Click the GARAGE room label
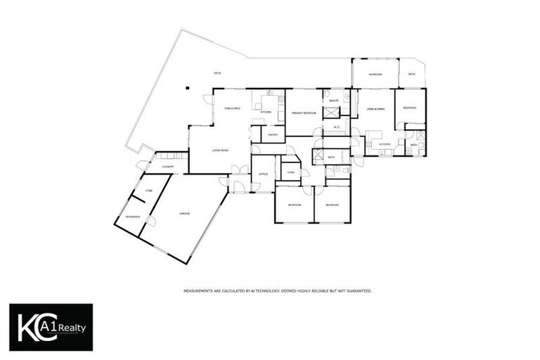coord(184,213)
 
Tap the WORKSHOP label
coord(132,217)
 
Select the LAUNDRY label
coord(169,167)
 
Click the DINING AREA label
coord(233,108)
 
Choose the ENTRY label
coord(273,134)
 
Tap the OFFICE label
coord(262,174)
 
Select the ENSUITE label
coord(334,101)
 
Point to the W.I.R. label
coord(337,127)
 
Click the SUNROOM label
coord(375,74)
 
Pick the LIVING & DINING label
coord(375,109)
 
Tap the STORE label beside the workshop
coord(148,191)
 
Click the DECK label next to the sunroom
coord(411,74)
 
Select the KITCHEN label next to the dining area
coord(266,112)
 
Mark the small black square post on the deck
coord(188,88)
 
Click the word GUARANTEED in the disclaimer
coord(357,290)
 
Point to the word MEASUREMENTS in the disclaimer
coord(198,290)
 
